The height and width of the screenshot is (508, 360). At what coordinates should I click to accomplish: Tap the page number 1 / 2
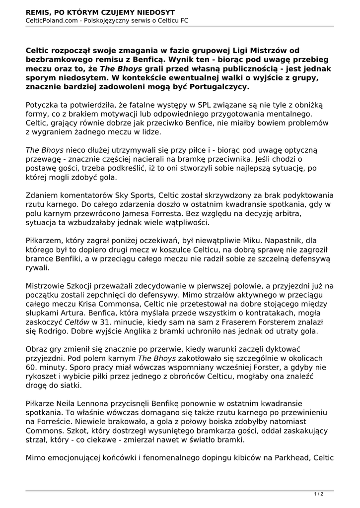click(x=319, y=494)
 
